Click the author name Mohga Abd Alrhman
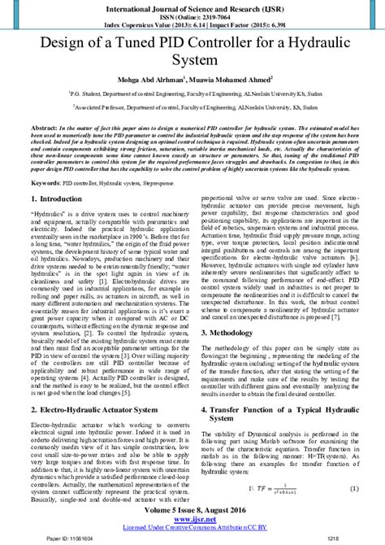154,80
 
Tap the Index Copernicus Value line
192,26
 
